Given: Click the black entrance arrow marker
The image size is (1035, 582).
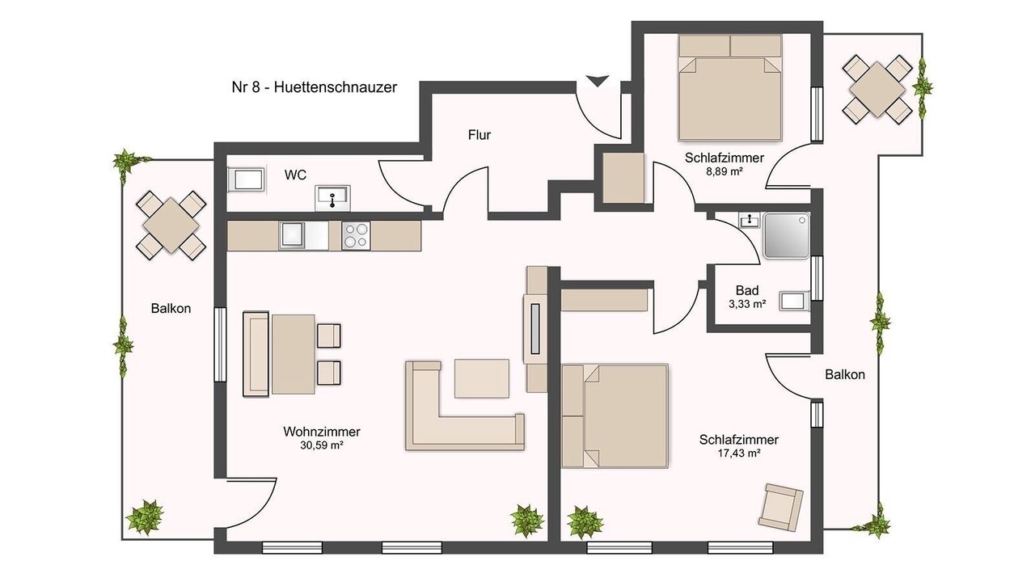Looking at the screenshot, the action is pyautogui.click(x=598, y=82).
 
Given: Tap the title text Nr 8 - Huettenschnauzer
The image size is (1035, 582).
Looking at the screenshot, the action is pyautogui.click(x=315, y=86).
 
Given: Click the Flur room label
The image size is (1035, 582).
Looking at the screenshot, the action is pyautogui.click(x=479, y=135).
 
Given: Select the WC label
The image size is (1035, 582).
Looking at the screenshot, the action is pyautogui.click(x=295, y=175).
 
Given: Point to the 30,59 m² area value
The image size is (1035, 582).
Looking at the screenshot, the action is pyautogui.click(x=322, y=445).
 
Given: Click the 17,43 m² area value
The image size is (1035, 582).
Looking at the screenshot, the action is pyautogui.click(x=739, y=453).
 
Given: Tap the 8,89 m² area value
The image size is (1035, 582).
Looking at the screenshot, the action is pyautogui.click(x=724, y=171).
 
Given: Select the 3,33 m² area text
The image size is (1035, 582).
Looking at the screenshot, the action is pyautogui.click(x=747, y=304).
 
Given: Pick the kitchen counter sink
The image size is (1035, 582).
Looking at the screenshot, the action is pyautogui.click(x=292, y=235).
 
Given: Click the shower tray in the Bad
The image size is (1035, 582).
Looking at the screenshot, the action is pyautogui.click(x=787, y=235).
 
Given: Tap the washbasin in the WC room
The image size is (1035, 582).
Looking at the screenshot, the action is pyautogui.click(x=332, y=198).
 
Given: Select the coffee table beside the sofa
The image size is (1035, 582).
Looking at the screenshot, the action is pyautogui.click(x=482, y=378).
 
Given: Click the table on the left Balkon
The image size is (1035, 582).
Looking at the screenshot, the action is pyautogui.click(x=171, y=226).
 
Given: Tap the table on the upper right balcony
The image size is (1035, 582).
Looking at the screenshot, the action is pyautogui.click(x=877, y=89).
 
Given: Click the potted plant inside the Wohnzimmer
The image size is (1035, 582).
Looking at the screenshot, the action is pyautogui.click(x=526, y=521).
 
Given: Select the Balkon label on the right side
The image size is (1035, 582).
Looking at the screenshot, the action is pyautogui.click(x=845, y=374).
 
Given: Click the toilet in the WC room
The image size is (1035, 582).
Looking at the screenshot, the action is pyautogui.click(x=247, y=179).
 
